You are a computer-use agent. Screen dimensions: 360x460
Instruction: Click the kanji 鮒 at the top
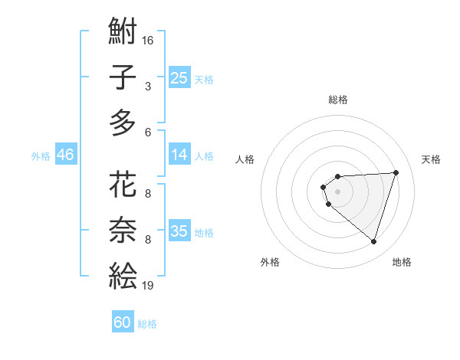coord(123,32)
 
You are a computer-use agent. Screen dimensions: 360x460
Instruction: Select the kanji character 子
coord(123,77)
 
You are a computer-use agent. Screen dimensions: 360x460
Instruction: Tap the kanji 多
coord(123,122)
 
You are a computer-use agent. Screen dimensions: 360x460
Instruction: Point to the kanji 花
coord(123,185)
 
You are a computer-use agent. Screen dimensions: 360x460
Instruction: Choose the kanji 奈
coord(123,230)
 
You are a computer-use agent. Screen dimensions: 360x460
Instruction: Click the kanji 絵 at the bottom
coord(123,274)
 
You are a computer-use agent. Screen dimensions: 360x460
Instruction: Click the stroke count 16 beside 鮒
coord(148,40)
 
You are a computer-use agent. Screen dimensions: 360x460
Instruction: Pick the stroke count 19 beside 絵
coord(148,285)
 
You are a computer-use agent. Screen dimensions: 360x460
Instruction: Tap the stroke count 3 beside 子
coord(148,87)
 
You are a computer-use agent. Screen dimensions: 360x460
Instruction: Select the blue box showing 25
coord(179,77)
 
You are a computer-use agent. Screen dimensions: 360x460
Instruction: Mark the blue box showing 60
coord(123,322)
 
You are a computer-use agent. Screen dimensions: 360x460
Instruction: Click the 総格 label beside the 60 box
coord(147,324)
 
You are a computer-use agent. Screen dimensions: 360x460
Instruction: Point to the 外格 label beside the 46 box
coord(41,156)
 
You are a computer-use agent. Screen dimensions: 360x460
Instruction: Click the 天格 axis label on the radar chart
coord(431,159)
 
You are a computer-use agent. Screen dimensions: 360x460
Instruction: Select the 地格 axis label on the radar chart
coord(402,262)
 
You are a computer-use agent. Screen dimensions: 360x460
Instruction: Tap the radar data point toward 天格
coord(396,172)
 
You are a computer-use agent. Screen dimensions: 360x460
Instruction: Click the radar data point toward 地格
coord(373,241)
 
